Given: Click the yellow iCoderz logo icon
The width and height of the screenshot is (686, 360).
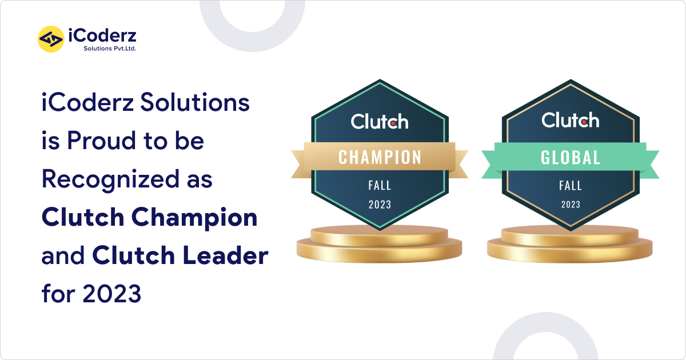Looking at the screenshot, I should (50, 39).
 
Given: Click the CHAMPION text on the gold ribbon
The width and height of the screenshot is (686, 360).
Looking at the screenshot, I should (380, 157).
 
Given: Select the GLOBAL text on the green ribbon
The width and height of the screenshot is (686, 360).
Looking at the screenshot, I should (571, 157).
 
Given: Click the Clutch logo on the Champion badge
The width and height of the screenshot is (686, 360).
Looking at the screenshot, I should (380, 121).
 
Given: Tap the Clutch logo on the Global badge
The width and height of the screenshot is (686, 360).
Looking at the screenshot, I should (571, 120).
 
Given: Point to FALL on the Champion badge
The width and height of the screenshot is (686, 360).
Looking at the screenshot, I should (380, 185).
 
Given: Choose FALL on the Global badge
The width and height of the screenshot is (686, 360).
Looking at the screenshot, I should (571, 185).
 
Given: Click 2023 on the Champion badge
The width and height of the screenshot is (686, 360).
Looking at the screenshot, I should (380, 205).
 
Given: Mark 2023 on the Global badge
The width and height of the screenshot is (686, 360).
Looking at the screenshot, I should (571, 204).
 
